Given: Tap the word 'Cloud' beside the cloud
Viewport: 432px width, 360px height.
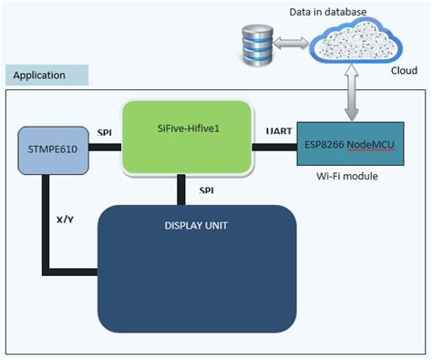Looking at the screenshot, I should tap(404, 69).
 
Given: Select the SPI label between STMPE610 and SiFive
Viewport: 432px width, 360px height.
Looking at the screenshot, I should tap(104, 131).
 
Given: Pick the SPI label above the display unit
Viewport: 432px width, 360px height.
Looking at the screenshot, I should tap(207, 190).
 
